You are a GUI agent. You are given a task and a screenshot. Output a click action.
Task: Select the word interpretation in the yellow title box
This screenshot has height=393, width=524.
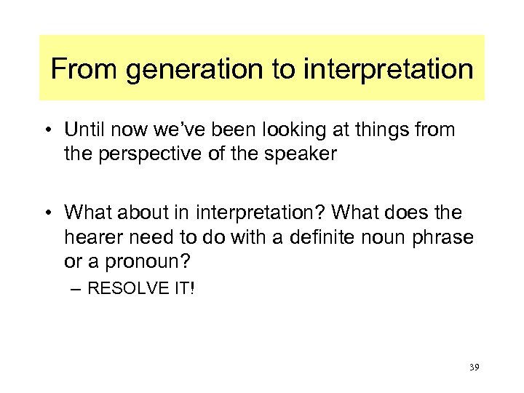click(388, 71)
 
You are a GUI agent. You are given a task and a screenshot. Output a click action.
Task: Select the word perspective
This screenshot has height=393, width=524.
click(146, 154)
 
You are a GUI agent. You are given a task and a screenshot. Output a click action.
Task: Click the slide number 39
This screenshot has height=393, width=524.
click(475, 368)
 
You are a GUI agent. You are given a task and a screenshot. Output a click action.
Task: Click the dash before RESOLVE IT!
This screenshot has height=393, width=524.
click(77, 289)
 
